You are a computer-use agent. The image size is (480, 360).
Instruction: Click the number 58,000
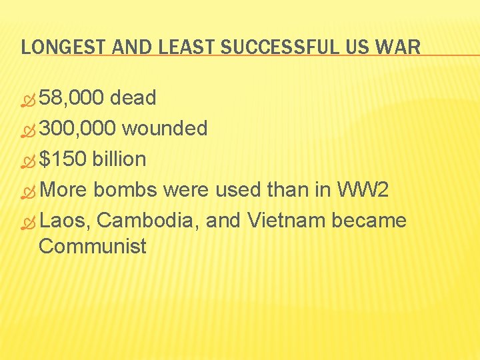click(71, 99)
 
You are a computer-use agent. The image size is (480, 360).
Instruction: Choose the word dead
click(133, 99)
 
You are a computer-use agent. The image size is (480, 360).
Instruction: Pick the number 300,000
click(78, 128)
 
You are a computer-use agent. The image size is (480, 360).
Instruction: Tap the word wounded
click(165, 128)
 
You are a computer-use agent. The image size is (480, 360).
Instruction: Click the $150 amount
click(63, 159)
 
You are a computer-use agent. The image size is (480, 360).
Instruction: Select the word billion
click(119, 159)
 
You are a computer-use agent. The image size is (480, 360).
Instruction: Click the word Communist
click(93, 246)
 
